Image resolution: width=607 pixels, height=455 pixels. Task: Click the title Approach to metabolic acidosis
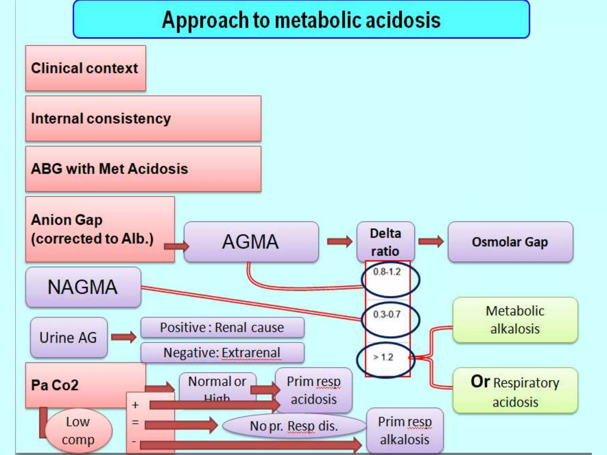pyautogui.click(x=301, y=20)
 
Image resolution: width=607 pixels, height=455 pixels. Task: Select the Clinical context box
pyautogui.click(x=85, y=68)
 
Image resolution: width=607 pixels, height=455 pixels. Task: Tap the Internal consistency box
pyautogui.click(x=143, y=118)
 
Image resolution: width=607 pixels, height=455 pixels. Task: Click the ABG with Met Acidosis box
pyautogui.click(x=143, y=169)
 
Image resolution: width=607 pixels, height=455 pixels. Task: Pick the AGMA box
pyautogui.click(x=251, y=242)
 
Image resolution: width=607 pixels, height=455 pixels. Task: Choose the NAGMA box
pyautogui.click(x=83, y=287)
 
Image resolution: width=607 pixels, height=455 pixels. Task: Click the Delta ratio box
pyautogui.click(x=385, y=242)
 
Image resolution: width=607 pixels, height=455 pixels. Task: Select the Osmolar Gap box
pyautogui.click(x=510, y=242)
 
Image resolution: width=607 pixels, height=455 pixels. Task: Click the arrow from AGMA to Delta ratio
pyautogui.click(x=339, y=242)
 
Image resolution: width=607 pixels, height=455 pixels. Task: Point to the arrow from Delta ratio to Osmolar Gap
pyautogui.click(x=430, y=242)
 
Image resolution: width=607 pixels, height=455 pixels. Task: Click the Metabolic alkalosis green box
pyautogui.click(x=515, y=320)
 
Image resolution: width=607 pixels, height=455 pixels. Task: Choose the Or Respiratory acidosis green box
pyautogui.click(x=515, y=390)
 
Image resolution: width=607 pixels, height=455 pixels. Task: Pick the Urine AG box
pyautogui.click(x=68, y=338)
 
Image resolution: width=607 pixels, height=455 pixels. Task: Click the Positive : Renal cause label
pyautogui.click(x=222, y=328)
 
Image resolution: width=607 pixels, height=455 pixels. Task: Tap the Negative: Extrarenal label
pyautogui.click(x=222, y=353)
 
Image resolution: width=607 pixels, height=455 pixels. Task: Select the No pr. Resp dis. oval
pyautogui.click(x=294, y=426)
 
